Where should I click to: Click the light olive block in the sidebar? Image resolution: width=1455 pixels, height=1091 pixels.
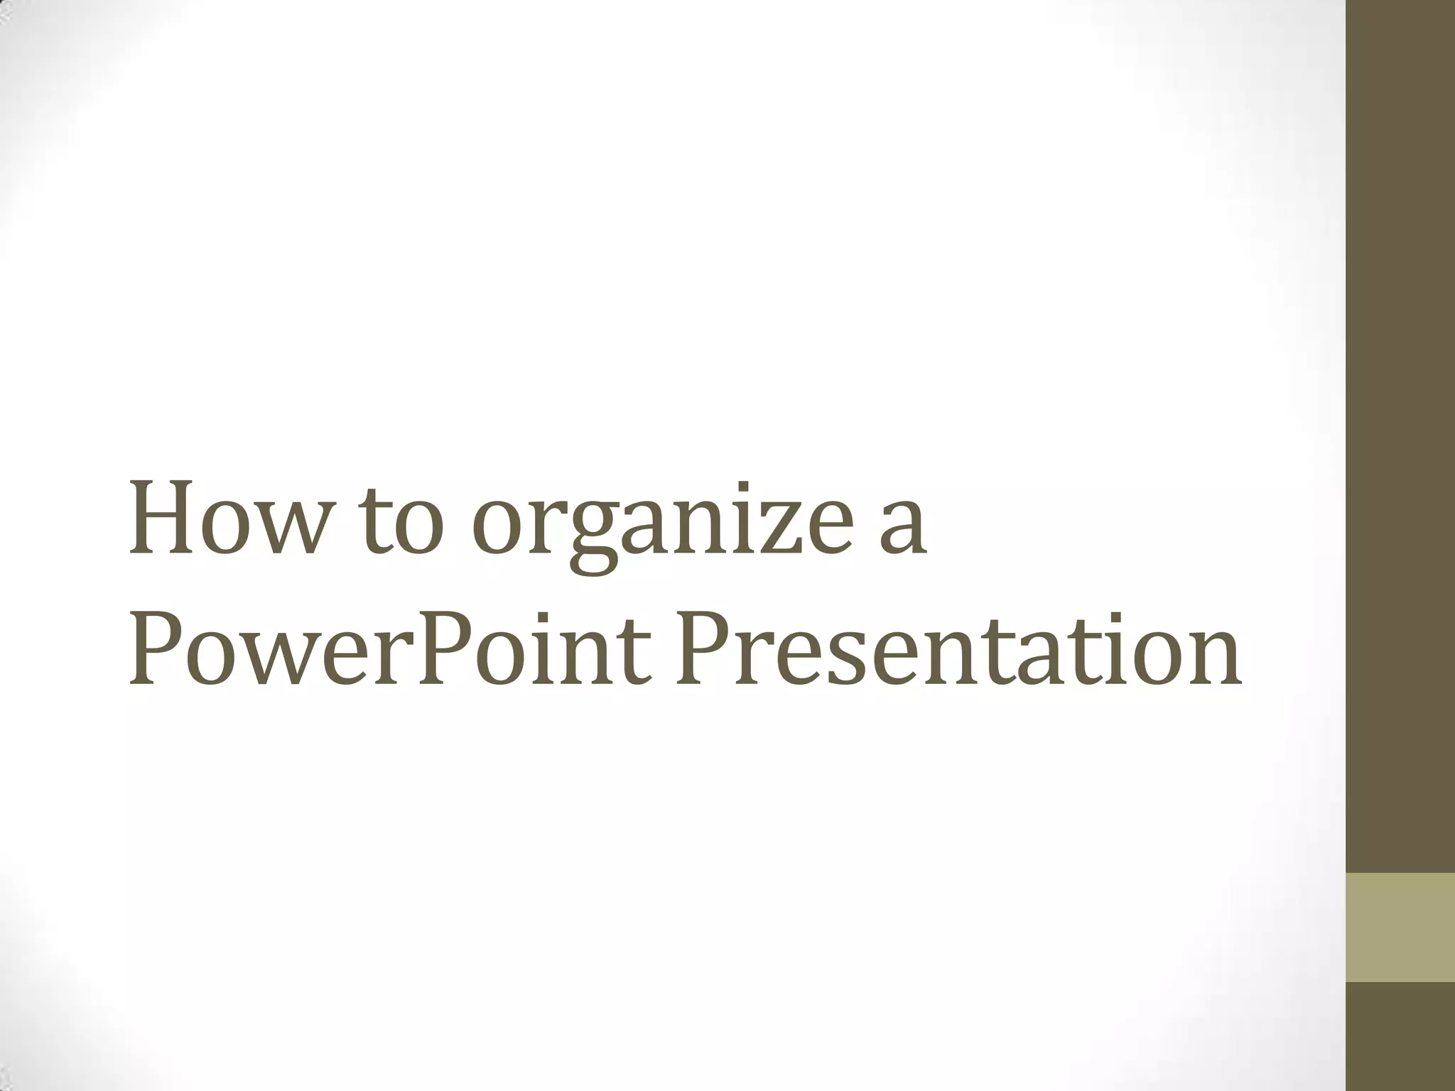coord(1400,928)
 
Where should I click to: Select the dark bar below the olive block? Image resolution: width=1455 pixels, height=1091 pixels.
coord(1400,1037)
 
